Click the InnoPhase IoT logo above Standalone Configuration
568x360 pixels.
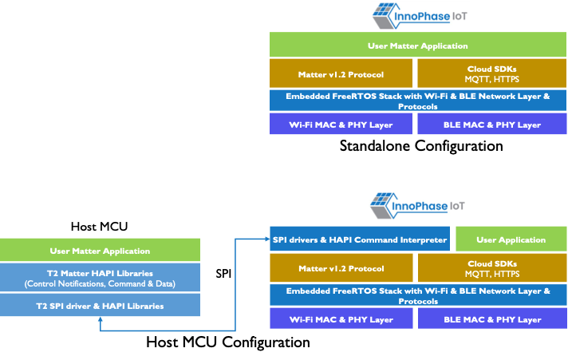418,17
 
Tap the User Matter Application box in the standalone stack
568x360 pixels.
418,45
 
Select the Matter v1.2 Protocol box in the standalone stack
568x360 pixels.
341,74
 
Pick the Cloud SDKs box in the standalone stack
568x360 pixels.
492,74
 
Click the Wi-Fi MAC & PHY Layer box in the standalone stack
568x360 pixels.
341,125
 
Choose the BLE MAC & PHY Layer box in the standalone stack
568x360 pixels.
492,125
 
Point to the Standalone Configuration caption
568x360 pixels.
421,146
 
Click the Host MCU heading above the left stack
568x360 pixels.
100,227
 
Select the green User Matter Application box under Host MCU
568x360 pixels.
100,251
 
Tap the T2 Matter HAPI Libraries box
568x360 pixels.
100,278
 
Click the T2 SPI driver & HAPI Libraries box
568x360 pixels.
100,306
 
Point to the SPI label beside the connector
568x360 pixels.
224,273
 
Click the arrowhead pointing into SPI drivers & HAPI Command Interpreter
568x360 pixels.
266,238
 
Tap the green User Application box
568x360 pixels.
511,239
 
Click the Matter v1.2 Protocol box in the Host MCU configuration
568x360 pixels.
341,268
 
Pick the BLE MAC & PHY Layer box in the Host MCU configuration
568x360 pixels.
492,319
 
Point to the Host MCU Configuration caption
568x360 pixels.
227,342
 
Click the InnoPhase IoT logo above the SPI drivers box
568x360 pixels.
418,206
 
